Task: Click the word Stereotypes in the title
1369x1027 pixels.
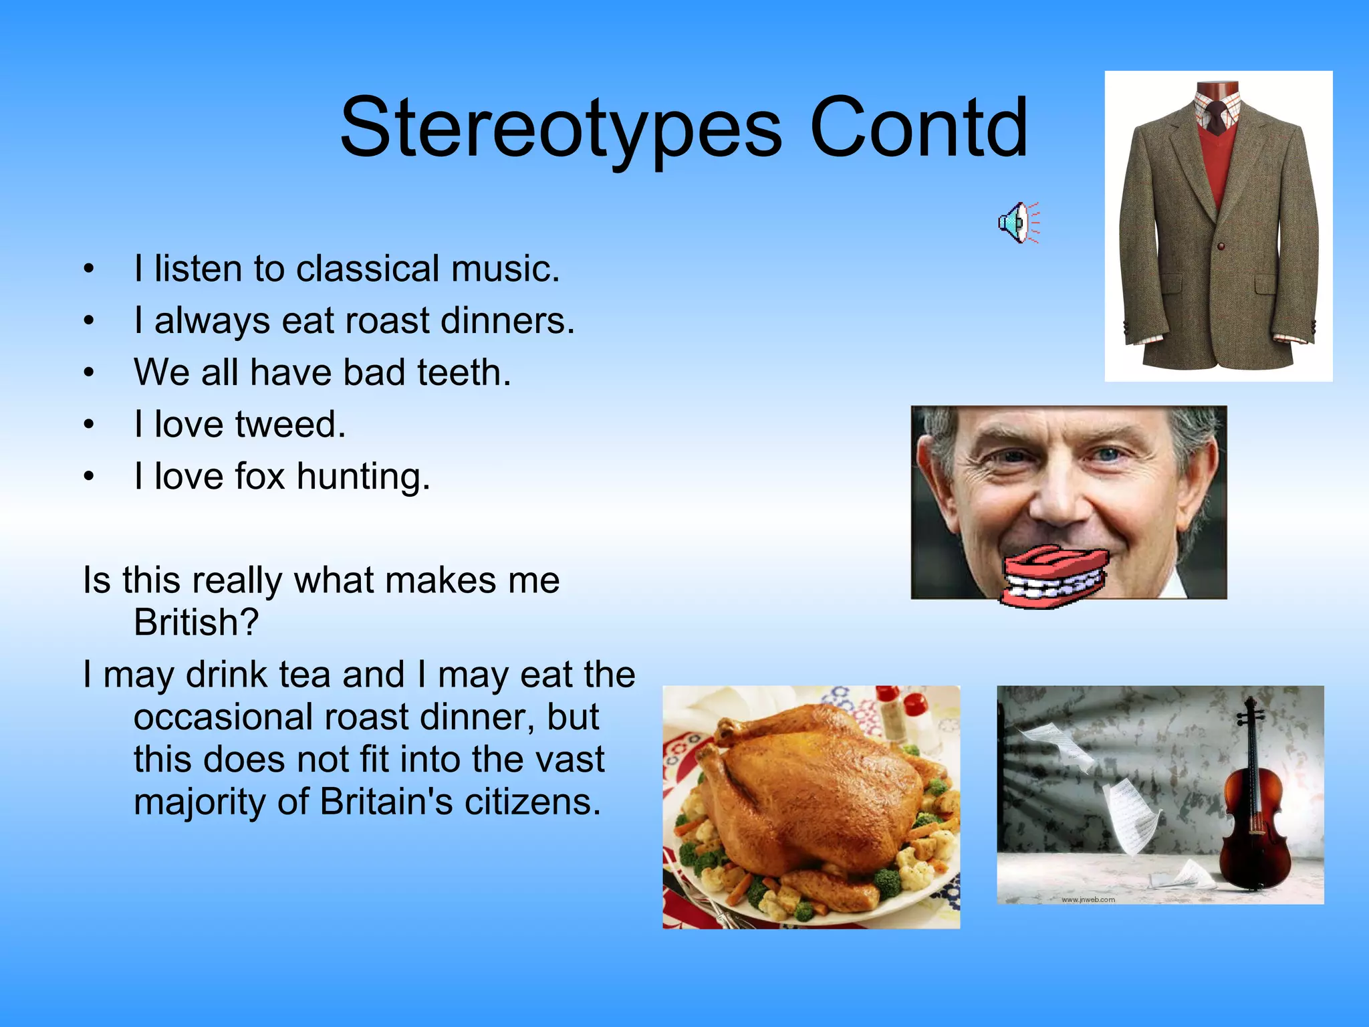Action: click(x=560, y=128)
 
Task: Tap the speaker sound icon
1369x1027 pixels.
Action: click(x=1018, y=222)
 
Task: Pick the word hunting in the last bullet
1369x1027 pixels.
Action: click(x=363, y=477)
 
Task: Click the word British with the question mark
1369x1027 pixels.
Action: click(x=196, y=622)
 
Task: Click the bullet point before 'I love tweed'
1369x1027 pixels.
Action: click(x=89, y=425)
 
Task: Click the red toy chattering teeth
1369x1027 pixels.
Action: click(x=1052, y=577)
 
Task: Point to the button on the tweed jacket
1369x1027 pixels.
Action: click(x=1221, y=246)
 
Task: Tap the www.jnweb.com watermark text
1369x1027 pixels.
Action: click(x=1088, y=899)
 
